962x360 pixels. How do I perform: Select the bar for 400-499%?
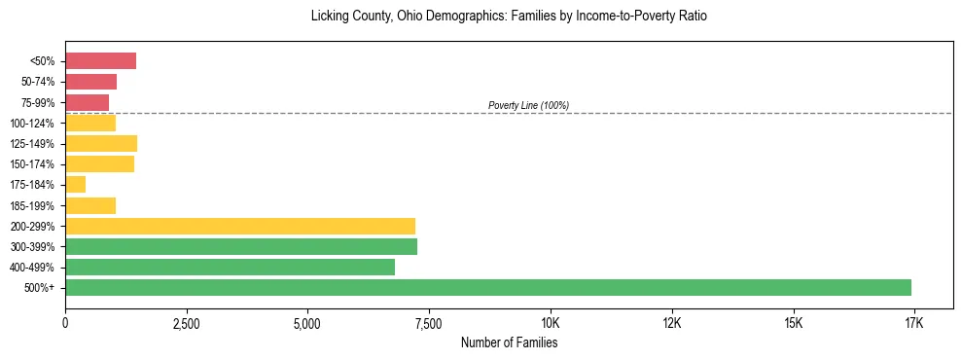coord(230,267)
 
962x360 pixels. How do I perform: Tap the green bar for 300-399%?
coord(241,246)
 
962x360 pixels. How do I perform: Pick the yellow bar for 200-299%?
coord(240,226)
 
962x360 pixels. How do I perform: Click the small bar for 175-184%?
coord(76,184)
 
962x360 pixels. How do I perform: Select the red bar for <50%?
coord(100,61)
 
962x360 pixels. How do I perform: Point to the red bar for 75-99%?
coord(87,102)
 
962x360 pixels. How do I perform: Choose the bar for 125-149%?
coord(101,143)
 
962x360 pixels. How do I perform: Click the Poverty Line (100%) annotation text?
coord(528,105)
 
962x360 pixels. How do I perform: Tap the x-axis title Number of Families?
coord(509,343)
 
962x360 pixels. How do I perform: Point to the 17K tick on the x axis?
coord(913,323)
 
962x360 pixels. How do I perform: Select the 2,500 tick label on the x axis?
coord(186,323)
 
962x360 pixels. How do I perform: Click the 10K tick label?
coord(551,323)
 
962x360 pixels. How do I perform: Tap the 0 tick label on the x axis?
coord(65,323)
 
